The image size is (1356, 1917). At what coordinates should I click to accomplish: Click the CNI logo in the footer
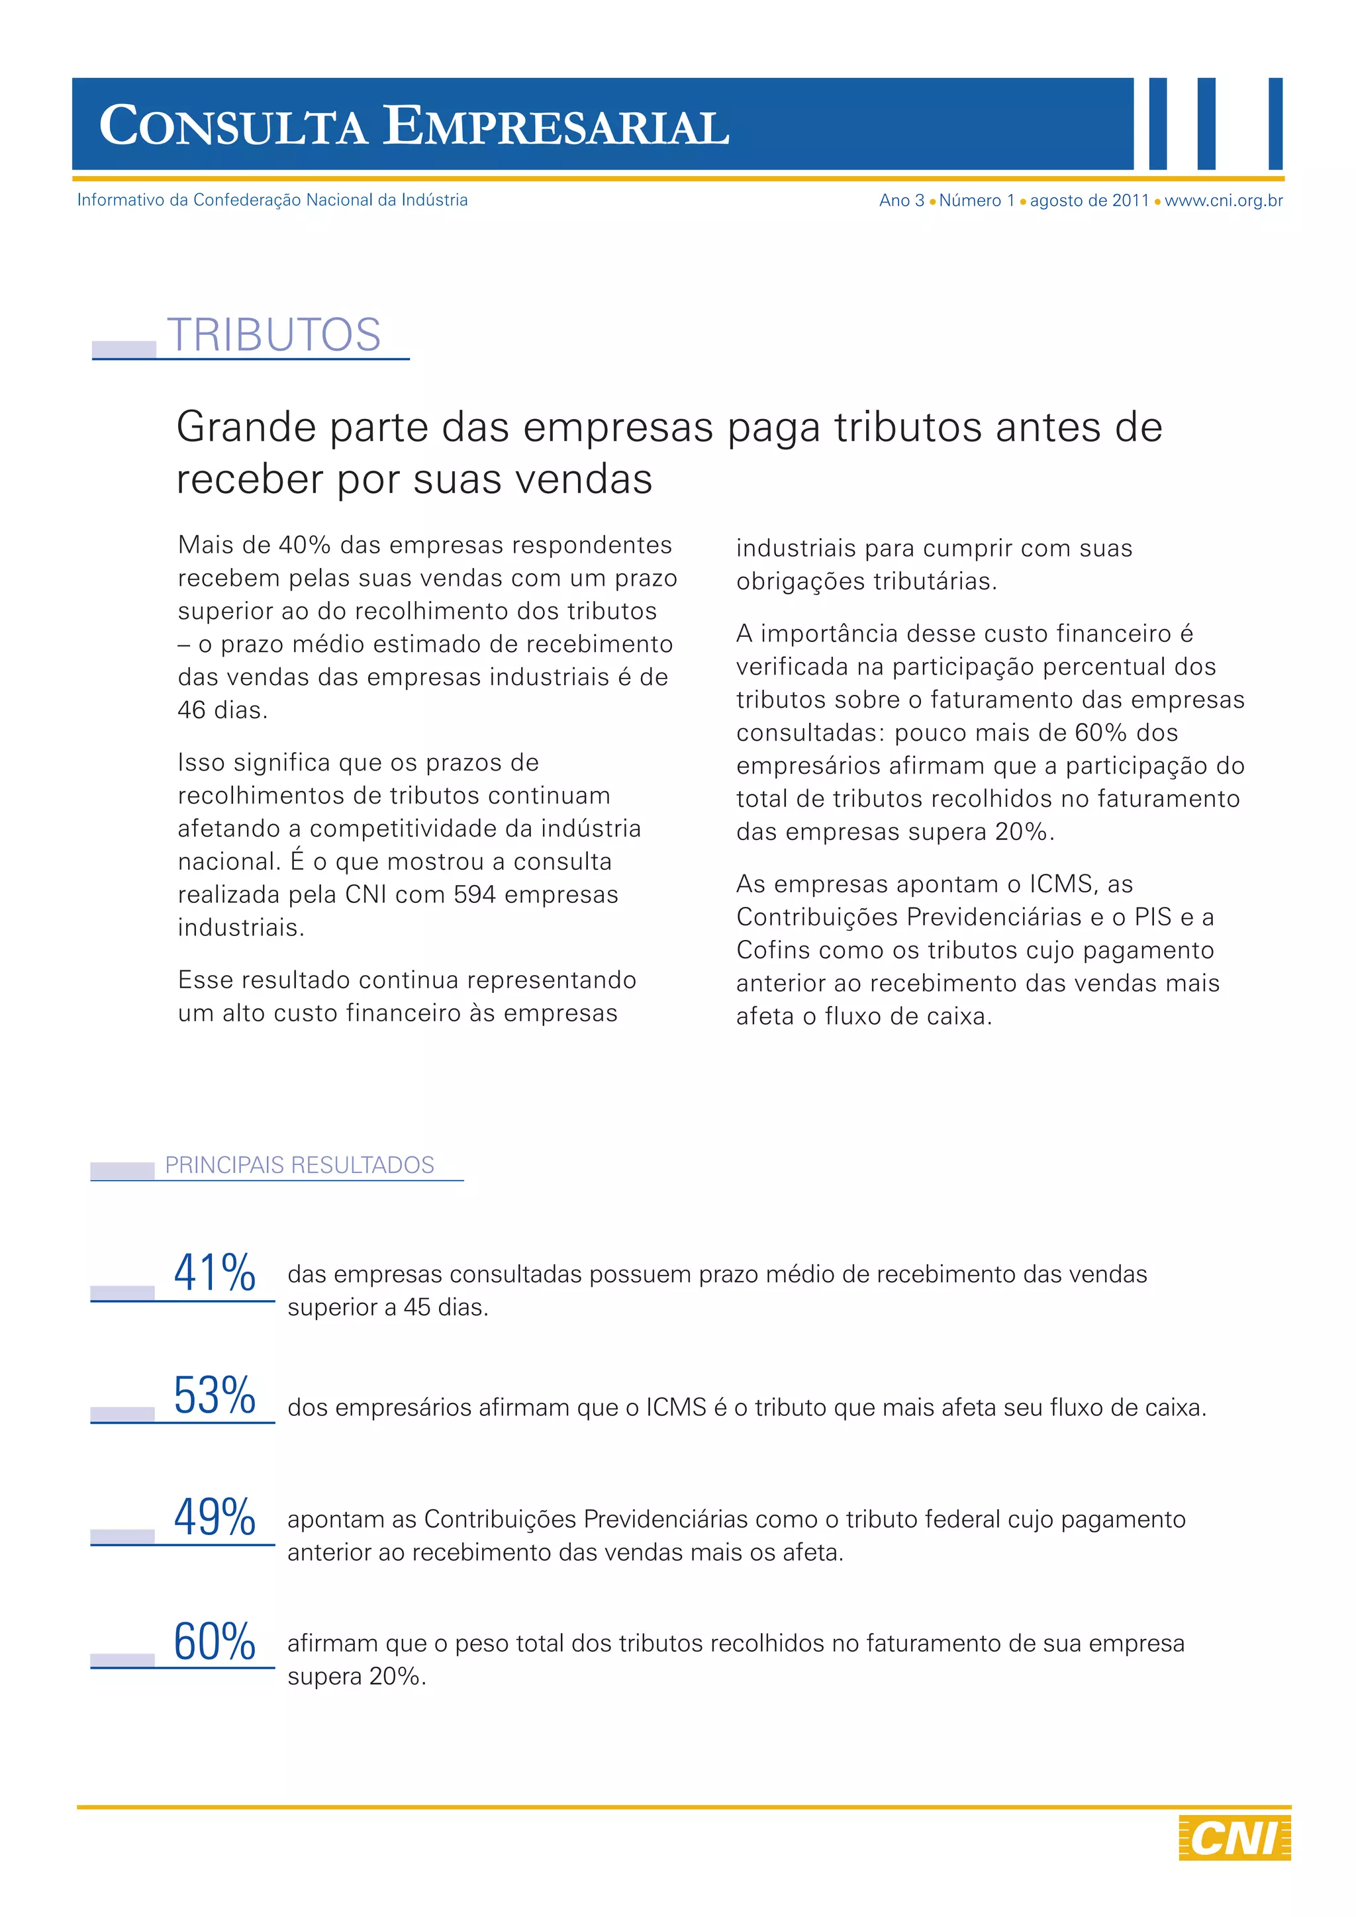pyautogui.click(x=1234, y=1837)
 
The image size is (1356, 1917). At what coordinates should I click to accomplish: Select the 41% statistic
pyautogui.click(x=215, y=1274)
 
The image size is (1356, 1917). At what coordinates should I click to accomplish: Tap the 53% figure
pyautogui.click(x=215, y=1395)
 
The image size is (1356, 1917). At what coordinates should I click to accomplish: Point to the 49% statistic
pyautogui.click(x=215, y=1517)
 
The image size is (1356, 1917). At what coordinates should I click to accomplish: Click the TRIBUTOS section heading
pyautogui.click(x=274, y=335)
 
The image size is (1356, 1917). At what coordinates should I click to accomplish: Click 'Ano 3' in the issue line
pyautogui.click(x=901, y=201)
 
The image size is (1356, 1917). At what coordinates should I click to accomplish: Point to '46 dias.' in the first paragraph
pyautogui.click(x=222, y=710)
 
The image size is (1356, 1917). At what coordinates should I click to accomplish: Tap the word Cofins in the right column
pyautogui.click(x=773, y=950)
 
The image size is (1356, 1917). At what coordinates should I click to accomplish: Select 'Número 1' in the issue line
pyautogui.click(x=976, y=201)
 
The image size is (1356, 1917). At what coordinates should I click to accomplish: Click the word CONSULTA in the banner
pyautogui.click(x=233, y=127)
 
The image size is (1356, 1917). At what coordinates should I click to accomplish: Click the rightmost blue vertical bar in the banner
pyautogui.click(x=1275, y=124)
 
